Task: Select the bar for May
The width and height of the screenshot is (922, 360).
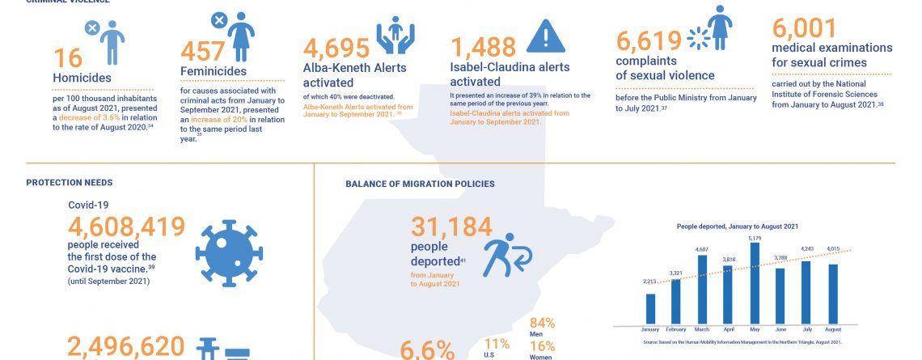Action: [x=755, y=285]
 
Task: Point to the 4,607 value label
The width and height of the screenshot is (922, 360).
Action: [x=703, y=249]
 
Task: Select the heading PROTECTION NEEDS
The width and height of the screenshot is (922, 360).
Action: [x=69, y=183]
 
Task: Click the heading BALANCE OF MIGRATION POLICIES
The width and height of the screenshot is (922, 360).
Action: [x=420, y=184]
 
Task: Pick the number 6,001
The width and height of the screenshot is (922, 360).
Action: [x=804, y=28]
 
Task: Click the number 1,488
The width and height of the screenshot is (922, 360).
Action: [x=484, y=46]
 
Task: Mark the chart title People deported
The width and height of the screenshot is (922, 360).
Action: [x=737, y=227]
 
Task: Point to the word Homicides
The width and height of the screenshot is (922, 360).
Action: [x=82, y=78]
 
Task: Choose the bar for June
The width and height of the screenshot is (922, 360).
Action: [x=780, y=296]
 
